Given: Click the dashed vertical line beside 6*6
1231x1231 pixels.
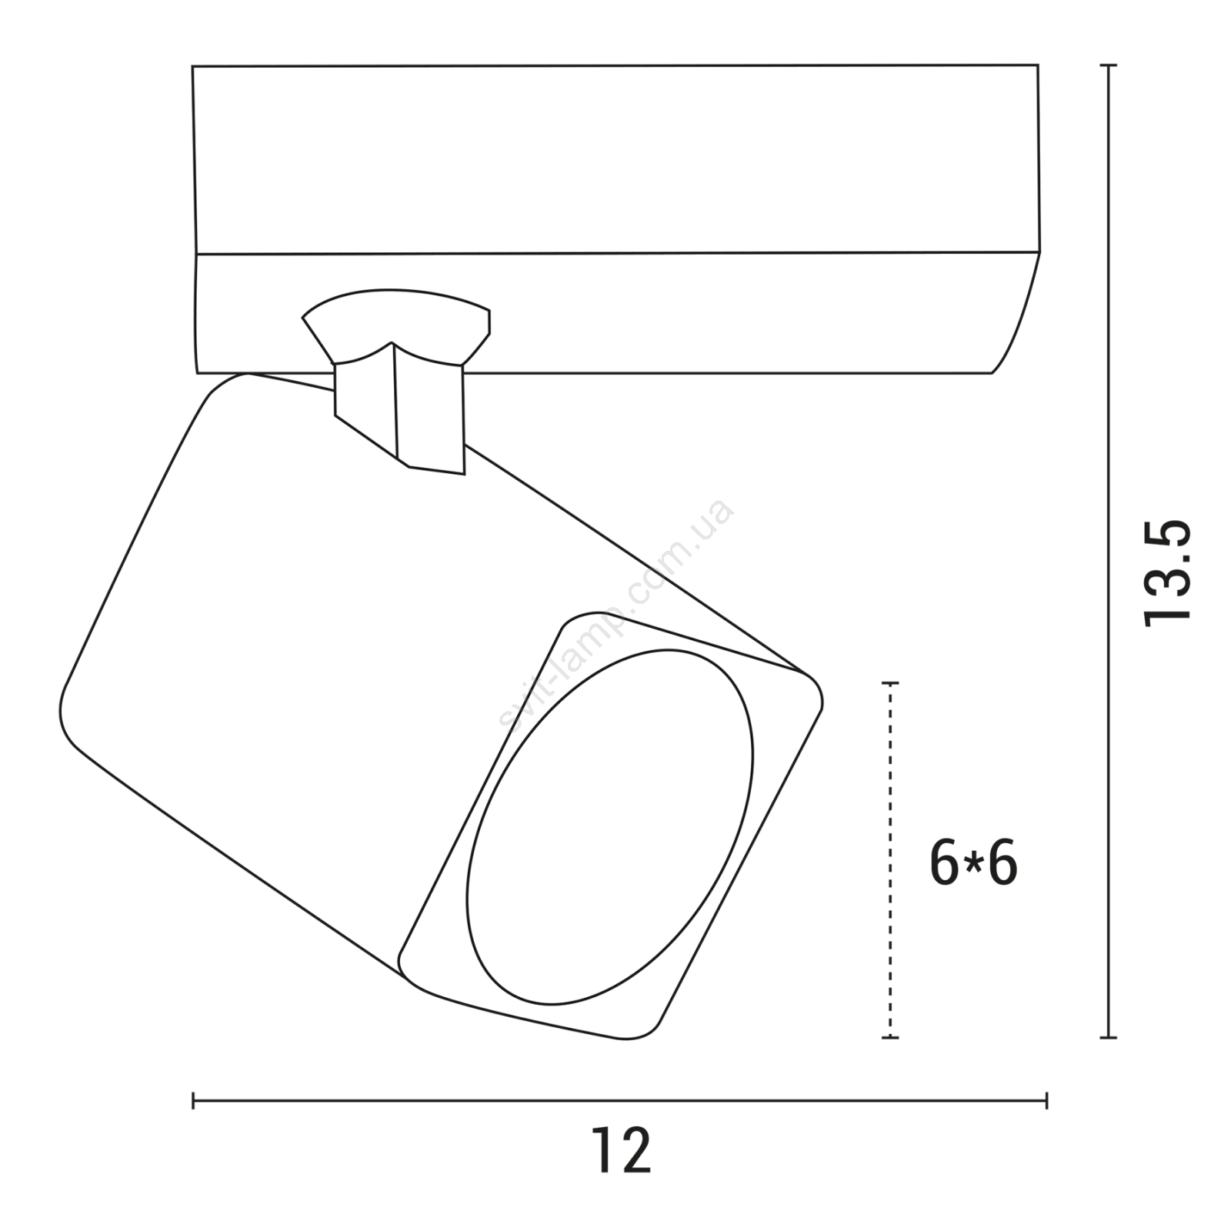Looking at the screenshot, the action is (x=890, y=860).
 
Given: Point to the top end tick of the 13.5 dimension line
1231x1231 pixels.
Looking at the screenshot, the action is (x=1107, y=66).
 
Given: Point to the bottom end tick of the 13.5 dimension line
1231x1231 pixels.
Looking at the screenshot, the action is (x=1107, y=1038).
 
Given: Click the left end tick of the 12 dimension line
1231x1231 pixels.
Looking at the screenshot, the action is (x=193, y=1101).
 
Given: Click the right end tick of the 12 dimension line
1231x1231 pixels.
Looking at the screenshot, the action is (x=1046, y=1101).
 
